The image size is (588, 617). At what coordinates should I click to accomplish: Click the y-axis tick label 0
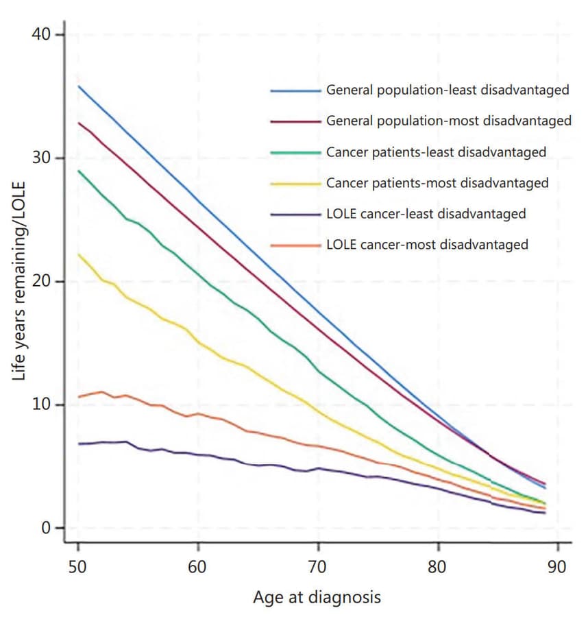[46, 528]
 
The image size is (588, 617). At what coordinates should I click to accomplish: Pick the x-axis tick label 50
[78, 567]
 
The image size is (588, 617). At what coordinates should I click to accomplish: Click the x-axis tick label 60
[198, 567]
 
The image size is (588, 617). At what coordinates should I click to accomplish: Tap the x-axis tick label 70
[318, 567]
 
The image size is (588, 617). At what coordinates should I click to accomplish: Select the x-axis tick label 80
[438, 567]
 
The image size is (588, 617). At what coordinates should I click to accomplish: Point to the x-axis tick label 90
[558, 567]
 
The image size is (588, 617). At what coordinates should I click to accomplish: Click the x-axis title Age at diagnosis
[317, 597]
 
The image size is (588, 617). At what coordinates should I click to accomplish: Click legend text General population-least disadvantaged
[448, 90]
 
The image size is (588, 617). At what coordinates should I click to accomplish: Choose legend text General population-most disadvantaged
[448, 121]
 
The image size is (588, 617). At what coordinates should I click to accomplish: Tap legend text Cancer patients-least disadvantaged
[436, 152]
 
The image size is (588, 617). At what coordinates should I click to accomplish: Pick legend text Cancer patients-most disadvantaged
[437, 183]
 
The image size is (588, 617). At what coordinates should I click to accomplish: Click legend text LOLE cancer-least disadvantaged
[426, 213]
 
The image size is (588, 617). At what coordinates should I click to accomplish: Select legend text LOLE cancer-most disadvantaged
[427, 244]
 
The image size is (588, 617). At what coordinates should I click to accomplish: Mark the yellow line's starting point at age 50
[79, 254]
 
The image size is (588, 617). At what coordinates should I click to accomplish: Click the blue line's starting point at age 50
[79, 86]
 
